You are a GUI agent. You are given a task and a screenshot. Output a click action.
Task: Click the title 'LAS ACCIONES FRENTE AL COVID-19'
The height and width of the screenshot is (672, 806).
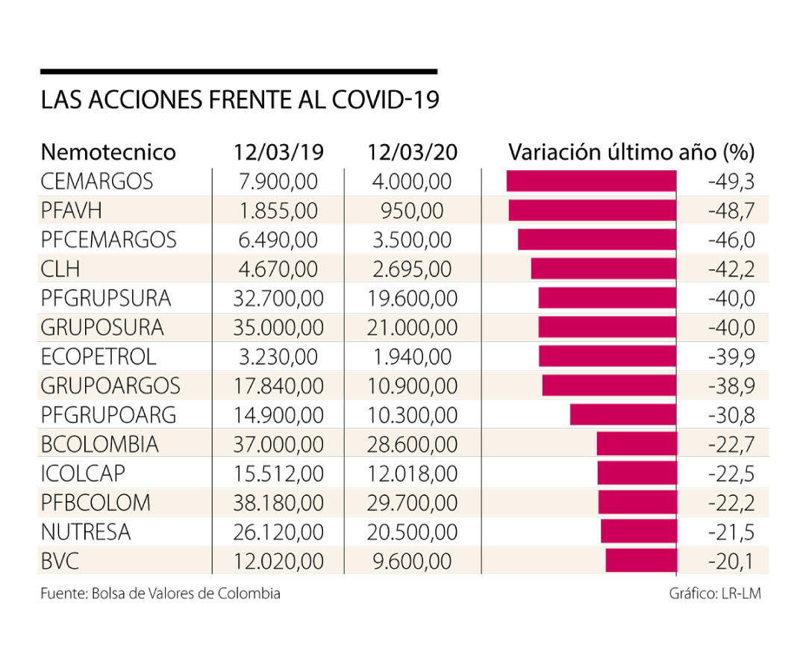click(x=240, y=101)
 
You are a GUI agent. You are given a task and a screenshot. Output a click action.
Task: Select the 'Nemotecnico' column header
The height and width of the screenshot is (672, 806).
click(x=108, y=152)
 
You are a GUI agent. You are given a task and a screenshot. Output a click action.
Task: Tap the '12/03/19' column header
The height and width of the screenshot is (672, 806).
click(x=278, y=152)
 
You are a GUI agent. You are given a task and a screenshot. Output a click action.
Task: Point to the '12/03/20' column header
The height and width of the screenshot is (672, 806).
click(x=412, y=152)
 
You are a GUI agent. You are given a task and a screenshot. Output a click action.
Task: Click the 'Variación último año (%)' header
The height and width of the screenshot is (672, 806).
click(x=631, y=152)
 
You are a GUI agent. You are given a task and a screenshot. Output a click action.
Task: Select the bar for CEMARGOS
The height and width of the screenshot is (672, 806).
click(x=591, y=181)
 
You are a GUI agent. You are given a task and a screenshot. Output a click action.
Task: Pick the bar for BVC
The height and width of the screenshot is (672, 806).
click(x=641, y=561)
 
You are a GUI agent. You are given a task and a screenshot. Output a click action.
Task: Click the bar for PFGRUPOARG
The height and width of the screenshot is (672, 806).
click(x=623, y=415)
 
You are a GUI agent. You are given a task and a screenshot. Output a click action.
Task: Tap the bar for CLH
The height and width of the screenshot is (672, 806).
click(x=604, y=269)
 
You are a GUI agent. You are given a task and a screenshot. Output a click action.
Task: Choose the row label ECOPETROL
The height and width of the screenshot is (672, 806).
click(x=99, y=356)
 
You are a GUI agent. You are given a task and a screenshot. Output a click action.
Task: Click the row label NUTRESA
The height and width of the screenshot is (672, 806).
click(x=86, y=532)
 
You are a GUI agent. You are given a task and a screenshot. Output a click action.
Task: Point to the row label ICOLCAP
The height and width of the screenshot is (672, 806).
click(x=84, y=473)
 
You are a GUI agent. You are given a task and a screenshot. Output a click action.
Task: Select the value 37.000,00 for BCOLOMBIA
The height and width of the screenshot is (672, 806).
click(x=278, y=444)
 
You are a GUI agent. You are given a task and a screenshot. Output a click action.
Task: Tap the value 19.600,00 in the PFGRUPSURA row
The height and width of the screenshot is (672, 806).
click(x=412, y=298)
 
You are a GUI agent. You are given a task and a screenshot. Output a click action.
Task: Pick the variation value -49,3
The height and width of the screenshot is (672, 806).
click(x=731, y=181)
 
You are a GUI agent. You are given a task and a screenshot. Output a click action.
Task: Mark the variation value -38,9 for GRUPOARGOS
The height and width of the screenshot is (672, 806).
click(x=731, y=386)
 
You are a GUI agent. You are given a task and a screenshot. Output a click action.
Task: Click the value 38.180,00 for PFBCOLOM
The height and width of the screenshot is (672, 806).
click(x=278, y=503)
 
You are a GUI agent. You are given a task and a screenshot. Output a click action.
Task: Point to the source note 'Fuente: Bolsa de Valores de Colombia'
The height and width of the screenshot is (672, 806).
click(x=160, y=594)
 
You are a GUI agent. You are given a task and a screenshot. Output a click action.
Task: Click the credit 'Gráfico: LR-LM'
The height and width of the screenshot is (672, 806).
click(x=715, y=594)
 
